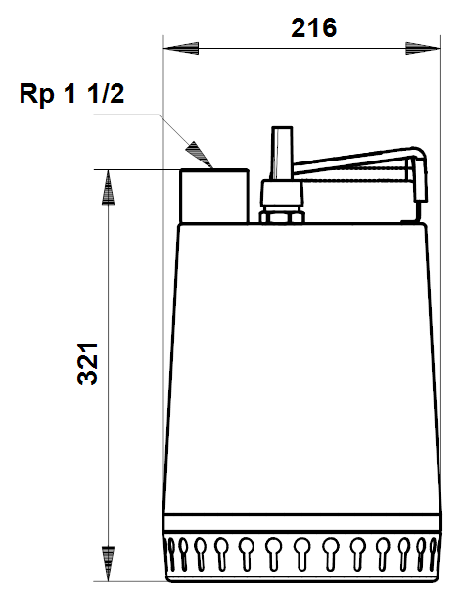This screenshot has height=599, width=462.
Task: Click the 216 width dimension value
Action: [x=314, y=27]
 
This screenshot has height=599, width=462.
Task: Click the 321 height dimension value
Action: [x=88, y=363]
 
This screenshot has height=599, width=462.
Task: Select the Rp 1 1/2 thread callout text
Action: [x=71, y=94]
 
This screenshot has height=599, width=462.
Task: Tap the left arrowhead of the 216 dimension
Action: [x=181, y=49]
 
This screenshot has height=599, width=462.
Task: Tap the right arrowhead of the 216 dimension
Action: [x=423, y=49]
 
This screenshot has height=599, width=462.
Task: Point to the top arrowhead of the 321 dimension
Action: [x=108, y=187]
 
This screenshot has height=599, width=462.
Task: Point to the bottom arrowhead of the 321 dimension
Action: [x=108, y=564]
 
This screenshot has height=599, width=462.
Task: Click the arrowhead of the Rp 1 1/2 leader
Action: [x=199, y=155]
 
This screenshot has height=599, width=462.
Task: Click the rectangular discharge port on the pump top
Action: [x=214, y=196]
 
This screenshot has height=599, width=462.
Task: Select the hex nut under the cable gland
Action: [x=283, y=217]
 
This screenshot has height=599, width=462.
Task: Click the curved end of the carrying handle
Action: [x=418, y=172]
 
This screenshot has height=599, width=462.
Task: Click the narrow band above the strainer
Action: [x=302, y=523]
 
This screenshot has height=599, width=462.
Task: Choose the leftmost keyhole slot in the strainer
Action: [x=172, y=554]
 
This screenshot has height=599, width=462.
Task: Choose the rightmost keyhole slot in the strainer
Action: [x=433, y=554]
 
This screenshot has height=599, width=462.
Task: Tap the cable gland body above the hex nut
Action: [x=283, y=196]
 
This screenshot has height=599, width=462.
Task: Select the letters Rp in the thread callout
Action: [x=36, y=94]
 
